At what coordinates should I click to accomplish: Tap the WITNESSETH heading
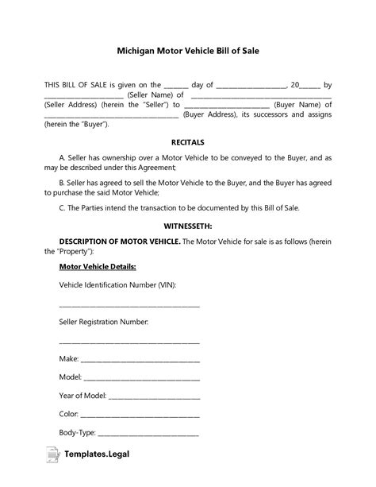click(x=187, y=226)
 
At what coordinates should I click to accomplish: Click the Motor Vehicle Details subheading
click(x=98, y=266)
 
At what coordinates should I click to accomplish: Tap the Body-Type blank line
click(x=148, y=434)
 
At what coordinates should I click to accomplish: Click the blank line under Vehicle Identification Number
click(x=129, y=306)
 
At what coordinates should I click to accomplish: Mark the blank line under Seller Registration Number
click(x=129, y=342)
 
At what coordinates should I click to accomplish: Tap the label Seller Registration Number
click(x=104, y=322)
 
